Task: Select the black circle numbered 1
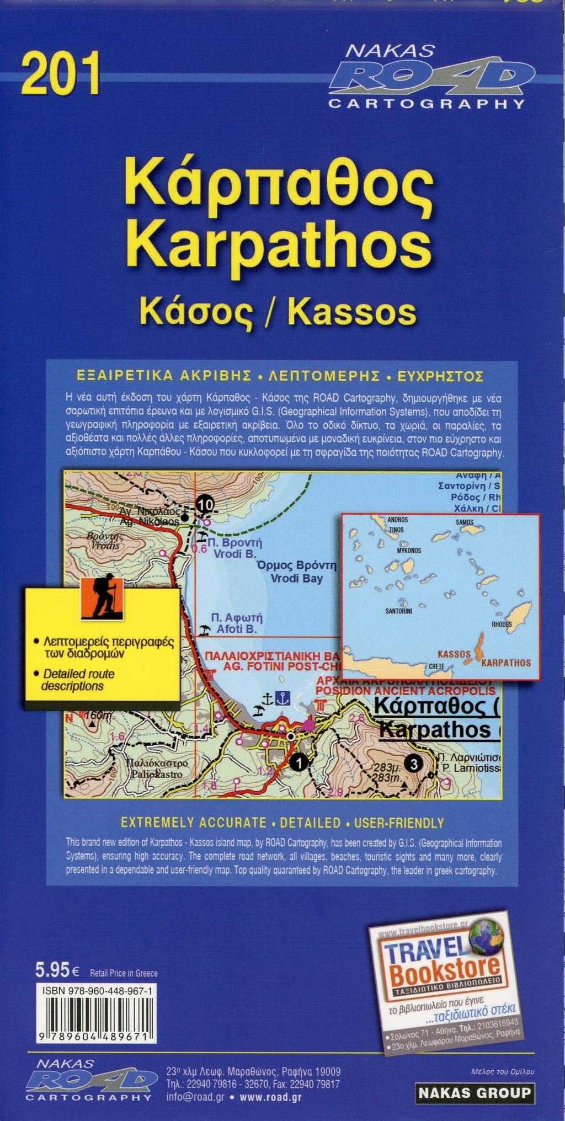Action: click(299, 763)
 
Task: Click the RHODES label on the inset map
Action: click(501, 624)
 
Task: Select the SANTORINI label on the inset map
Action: click(398, 611)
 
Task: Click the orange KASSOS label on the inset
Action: click(454, 654)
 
